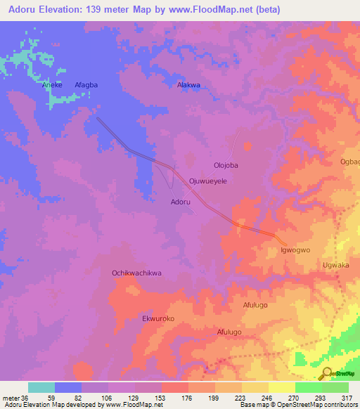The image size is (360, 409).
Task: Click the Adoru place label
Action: pos(181,202)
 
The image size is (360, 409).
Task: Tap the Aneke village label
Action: pos(52,85)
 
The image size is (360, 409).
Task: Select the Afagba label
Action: pos(86,85)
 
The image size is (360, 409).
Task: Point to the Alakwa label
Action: pos(188,85)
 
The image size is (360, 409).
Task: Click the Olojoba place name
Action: pos(226,165)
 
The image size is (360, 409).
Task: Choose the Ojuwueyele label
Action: pos(207,181)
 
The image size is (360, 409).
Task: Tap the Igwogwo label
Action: pos(295,249)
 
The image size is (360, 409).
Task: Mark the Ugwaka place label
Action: pos(335,266)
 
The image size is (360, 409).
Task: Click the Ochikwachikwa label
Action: pos(137,273)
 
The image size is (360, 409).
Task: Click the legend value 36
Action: pos(25,398)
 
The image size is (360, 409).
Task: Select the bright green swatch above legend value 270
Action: pos(308,387)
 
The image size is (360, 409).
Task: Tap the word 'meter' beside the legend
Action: pos(10,398)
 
